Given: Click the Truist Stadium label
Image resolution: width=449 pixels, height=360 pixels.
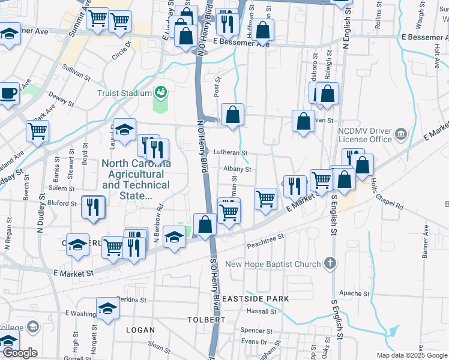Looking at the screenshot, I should point(124,93).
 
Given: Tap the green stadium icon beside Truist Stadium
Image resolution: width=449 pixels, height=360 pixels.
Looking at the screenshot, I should point(161,92).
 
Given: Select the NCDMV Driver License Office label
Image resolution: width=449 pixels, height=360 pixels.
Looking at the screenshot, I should point(364,135).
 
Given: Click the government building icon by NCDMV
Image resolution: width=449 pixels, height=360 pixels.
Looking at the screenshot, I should point(402,133).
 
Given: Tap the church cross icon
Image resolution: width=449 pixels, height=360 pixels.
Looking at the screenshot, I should point(329,263).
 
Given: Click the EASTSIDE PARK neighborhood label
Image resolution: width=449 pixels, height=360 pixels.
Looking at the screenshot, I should point(255,298).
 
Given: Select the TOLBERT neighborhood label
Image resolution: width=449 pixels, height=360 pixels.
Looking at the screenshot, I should point(206,320).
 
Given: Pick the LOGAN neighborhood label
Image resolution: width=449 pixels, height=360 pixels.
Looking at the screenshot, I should point(140,330).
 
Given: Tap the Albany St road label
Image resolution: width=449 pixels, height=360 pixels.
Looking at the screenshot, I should point(237,170).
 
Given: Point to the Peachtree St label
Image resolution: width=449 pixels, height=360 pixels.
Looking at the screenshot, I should point(265,241).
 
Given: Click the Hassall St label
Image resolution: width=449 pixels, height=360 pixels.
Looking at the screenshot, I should point(261,311).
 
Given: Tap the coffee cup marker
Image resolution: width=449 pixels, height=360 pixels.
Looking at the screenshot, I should point(8,94).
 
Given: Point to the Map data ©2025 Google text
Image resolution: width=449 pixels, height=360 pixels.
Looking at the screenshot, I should point(412,355).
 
